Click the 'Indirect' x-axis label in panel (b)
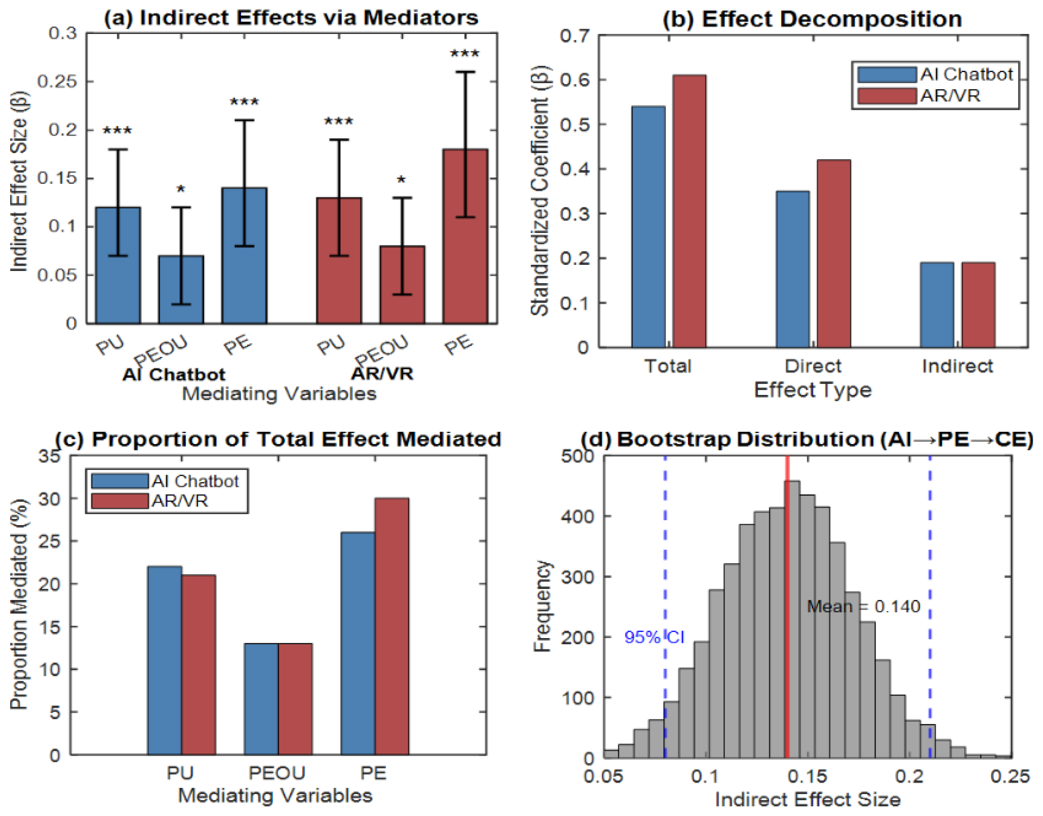tap(957, 366)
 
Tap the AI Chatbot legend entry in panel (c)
tap(195, 481)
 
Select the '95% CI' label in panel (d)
tap(654, 637)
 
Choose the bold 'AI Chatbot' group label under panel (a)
tap(173, 374)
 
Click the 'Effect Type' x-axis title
tap(812, 390)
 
